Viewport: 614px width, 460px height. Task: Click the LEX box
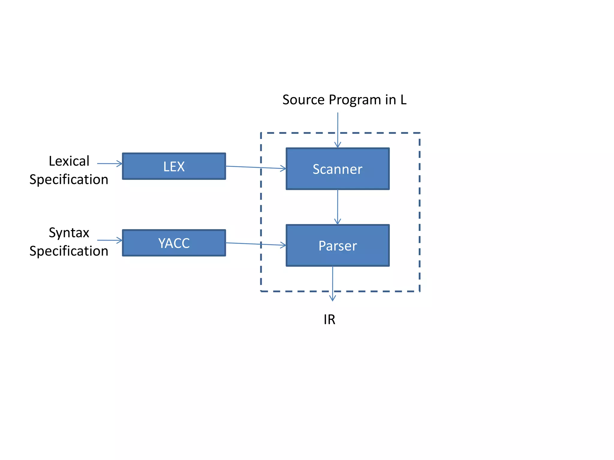(174, 166)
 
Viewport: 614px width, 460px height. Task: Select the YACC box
(174, 243)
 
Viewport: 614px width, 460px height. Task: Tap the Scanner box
(338, 169)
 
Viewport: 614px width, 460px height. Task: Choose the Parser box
(338, 246)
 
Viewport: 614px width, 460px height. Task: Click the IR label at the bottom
(329, 320)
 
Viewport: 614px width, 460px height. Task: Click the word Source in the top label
(304, 100)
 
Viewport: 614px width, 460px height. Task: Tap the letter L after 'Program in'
(403, 100)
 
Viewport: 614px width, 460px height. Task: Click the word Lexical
(69, 161)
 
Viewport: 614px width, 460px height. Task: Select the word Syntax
(69, 233)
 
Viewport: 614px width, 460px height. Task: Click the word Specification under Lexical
(69, 180)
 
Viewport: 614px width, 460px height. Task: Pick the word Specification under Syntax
(69, 251)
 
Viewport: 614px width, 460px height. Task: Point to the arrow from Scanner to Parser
(338, 207)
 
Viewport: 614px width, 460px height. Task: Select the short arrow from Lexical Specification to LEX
(109, 164)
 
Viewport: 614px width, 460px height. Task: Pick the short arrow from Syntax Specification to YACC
(109, 240)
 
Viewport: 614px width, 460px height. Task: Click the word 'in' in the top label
(391, 100)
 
